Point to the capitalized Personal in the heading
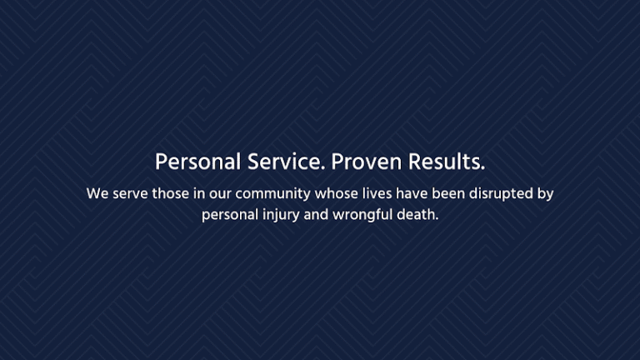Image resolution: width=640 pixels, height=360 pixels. coord(197,161)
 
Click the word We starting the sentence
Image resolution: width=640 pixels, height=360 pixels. coord(97,194)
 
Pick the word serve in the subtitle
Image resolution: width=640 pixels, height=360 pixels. coord(130,194)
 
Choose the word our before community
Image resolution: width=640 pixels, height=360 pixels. coord(220,194)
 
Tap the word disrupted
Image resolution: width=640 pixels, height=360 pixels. coord(503,194)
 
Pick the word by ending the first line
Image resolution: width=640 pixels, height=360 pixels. coord(546,194)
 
